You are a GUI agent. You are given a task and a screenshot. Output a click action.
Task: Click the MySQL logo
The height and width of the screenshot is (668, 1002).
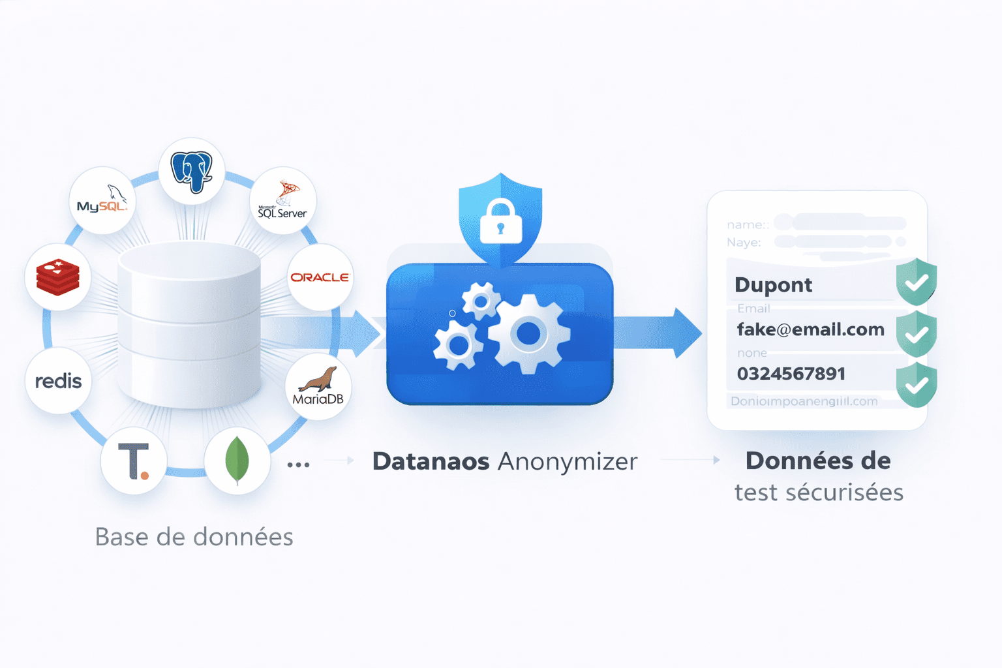(102, 200)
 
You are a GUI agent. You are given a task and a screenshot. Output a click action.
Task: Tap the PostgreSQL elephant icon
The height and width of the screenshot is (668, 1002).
(192, 172)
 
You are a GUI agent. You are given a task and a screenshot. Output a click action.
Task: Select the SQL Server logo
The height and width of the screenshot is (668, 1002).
(282, 201)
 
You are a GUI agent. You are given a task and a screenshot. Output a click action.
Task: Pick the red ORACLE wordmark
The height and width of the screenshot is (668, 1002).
(320, 277)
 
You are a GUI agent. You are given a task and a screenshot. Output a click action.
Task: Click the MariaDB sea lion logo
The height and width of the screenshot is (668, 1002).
(318, 387)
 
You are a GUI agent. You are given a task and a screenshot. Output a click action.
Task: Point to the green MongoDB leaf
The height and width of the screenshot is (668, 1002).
(237, 461)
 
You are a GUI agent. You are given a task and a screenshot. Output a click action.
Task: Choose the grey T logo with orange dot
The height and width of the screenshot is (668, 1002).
(134, 461)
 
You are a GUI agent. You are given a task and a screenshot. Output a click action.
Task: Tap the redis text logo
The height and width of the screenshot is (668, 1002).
(58, 381)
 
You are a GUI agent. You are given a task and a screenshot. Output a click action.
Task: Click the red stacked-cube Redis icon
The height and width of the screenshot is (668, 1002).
(58, 277)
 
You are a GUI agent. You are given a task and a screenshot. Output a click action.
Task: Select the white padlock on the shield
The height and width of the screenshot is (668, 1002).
(500, 222)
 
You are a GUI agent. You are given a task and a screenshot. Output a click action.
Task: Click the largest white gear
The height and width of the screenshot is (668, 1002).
(528, 334)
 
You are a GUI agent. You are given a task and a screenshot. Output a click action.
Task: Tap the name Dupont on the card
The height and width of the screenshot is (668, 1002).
(773, 285)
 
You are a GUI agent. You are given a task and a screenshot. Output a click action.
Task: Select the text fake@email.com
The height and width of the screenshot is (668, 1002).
(810, 329)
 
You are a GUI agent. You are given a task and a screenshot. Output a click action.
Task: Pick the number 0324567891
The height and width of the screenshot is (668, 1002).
(791, 374)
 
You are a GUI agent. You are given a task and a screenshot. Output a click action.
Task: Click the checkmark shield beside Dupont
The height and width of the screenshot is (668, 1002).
(917, 282)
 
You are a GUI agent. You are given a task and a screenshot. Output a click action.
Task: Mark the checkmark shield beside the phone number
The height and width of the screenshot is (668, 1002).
(917, 385)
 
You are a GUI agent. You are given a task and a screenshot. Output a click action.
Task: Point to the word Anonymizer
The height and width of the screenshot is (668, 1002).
(568, 461)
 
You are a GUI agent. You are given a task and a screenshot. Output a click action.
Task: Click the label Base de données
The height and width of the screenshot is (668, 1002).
(194, 537)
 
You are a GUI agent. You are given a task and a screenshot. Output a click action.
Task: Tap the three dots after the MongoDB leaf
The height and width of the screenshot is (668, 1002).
(298, 465)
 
